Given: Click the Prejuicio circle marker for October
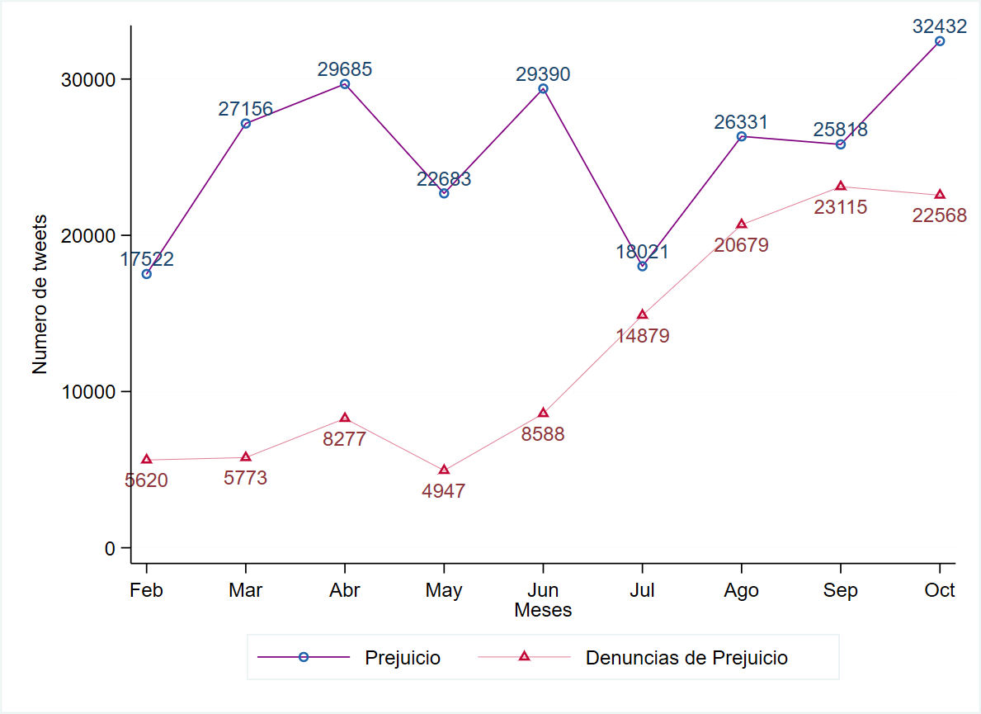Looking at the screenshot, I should (939, 41).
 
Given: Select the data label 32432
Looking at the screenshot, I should (939, 26).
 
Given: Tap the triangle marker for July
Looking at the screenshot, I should (642, 314).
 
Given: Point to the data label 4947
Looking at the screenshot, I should (444, 491).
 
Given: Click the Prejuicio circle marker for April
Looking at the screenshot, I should (345, 84).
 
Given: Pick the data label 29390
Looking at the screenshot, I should (543, 74).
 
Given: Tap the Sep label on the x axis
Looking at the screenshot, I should (840, 590).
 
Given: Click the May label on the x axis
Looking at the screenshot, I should (444, 590).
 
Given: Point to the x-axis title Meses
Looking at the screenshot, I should (543, 611).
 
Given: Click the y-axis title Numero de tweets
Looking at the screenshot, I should (40, 295).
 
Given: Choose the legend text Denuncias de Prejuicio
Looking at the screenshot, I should (686, 658).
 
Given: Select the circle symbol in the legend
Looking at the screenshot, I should (303, 657).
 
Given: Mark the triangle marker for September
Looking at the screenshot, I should (840, 187).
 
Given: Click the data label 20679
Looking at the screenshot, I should (741, 245).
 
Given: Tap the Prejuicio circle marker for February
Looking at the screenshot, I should (147, 274).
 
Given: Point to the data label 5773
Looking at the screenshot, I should (246, 478).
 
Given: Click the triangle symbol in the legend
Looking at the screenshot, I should (523, 657).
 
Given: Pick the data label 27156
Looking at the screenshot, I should (246, 109).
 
